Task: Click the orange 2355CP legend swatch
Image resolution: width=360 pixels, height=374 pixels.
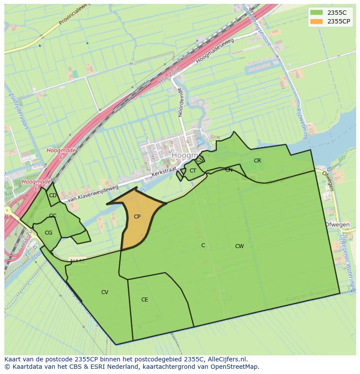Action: [317, 21]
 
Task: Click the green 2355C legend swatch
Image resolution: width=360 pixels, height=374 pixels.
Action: [317, 13]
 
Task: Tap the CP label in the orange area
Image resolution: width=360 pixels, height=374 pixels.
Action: [137, 217]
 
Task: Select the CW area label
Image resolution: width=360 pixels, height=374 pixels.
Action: [239, 246]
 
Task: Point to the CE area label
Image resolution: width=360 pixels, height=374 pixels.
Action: [145, 300]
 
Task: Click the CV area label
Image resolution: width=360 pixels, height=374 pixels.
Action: [105, 292]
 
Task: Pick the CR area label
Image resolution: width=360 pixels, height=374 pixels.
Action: [257, 161]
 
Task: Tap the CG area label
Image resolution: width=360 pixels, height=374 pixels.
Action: [48, 233]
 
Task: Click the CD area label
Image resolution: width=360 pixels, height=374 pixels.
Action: [53, 195]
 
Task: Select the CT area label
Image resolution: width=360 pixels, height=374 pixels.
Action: [193, 171]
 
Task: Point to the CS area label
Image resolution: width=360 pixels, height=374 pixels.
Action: [199, 160]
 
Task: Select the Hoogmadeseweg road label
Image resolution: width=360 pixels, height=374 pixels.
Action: [215, 51]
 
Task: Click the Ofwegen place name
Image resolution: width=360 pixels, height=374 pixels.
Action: [337, 225]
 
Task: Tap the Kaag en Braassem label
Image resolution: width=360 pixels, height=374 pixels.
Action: [312, 295]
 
